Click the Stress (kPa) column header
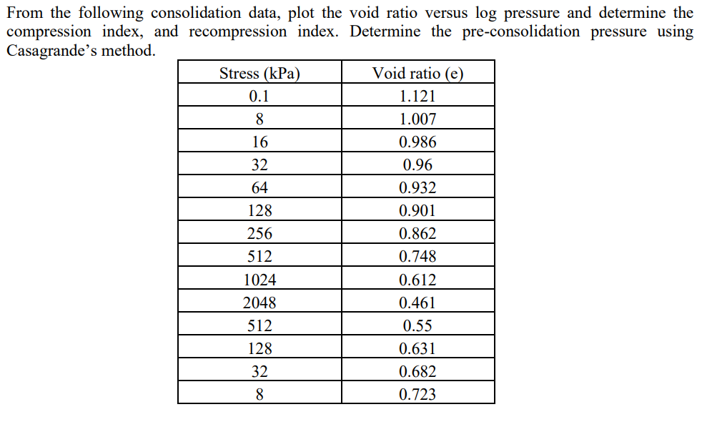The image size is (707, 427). pyautogui.click(x=259, y=73)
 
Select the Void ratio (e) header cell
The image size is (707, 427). pyautogui.click(x=417, y=73)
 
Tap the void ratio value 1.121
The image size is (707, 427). pyautogui.click(x=417, y=96)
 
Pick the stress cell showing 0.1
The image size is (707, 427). pyautogui.click(x=259, y=96)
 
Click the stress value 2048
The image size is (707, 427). pyautogui.click(x=259, y=303)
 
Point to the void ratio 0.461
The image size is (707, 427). pyautogui.click(x=417, y=303)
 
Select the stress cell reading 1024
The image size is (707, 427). pyautogui.click(x=259, y=280)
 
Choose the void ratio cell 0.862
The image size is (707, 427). pyautogui.click(x=417, y=234)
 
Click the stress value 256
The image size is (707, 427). pyautogui.click(x=259, y=234)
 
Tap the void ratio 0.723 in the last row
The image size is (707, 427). pyautogui.click(x=417, y=394)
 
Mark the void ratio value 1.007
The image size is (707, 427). pyautogui.click(x=417, y=119)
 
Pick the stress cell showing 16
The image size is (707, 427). pyautogui.click(x=259, y=142)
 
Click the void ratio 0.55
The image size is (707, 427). pyautogui.click(x=417, y=325)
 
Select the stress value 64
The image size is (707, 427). pyautogui.click(x=259, y=188)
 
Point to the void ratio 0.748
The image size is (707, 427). pyautogui.click(x=417, y=257)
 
